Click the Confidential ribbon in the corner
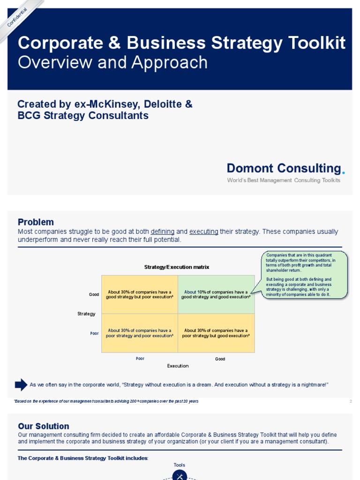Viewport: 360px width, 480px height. click(18, 17)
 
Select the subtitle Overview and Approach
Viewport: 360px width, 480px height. click(112, 62)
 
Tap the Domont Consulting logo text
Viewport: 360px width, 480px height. click(284, 168)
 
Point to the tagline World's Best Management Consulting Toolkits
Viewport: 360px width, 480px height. click(284, 180)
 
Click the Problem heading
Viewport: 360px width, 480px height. click(36, 222)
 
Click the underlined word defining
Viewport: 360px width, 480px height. click(163, 232)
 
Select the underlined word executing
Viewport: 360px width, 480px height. click(203, 232)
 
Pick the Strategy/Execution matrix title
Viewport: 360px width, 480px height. click(176, 267)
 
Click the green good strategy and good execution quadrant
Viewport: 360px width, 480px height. click(216, 294)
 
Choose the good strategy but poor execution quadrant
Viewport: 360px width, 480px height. click(140, 294)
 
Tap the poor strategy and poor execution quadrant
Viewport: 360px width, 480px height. click(140, 333)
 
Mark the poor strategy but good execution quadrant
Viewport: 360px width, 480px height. click(216, 333)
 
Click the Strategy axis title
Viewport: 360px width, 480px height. click(86, 314)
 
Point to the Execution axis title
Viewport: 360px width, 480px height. click(178, 366)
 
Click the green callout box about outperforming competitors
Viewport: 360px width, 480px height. click(304, 275)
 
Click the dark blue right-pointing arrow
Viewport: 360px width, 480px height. click(21, 385)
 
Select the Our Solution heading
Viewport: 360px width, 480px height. click(44, 426)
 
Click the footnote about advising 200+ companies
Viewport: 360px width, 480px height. click(106, 401)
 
